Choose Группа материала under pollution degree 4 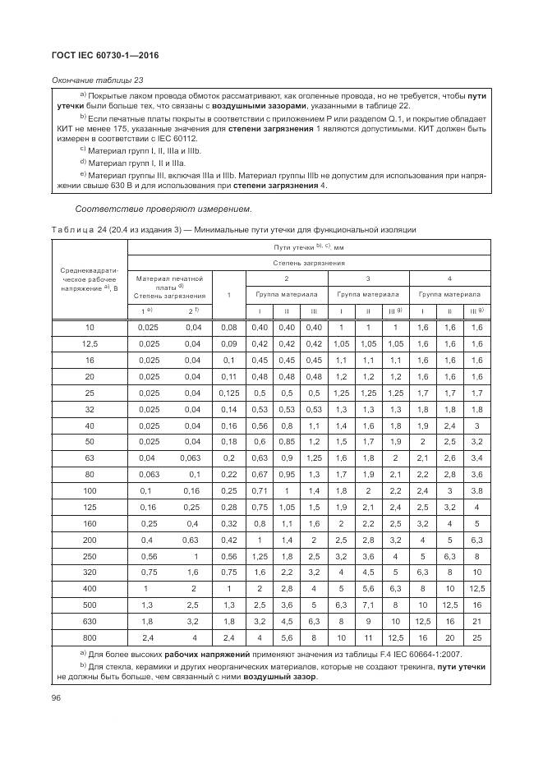[x=449, y=292]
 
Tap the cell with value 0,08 [x=229, y=328]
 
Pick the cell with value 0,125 [x=229, y=393]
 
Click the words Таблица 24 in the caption [x=86, y=229]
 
